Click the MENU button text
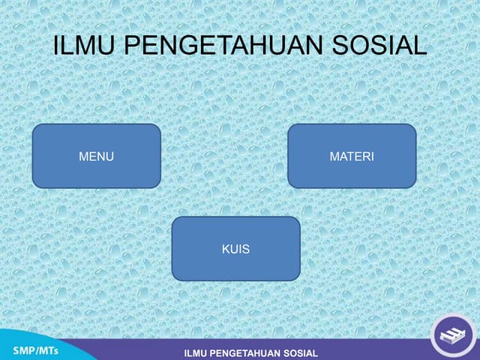tap(96, 157)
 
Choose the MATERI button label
tap(352, 157)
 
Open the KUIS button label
tap(235, 249)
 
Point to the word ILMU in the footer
tap(197, 353)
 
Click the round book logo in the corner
tap(452, 334)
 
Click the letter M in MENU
tap(83, 157)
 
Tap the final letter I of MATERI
tap(372, 157)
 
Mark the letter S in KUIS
tap(246, 249)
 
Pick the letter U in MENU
tap(109, 157)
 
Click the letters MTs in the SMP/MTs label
tap(49, 350)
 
